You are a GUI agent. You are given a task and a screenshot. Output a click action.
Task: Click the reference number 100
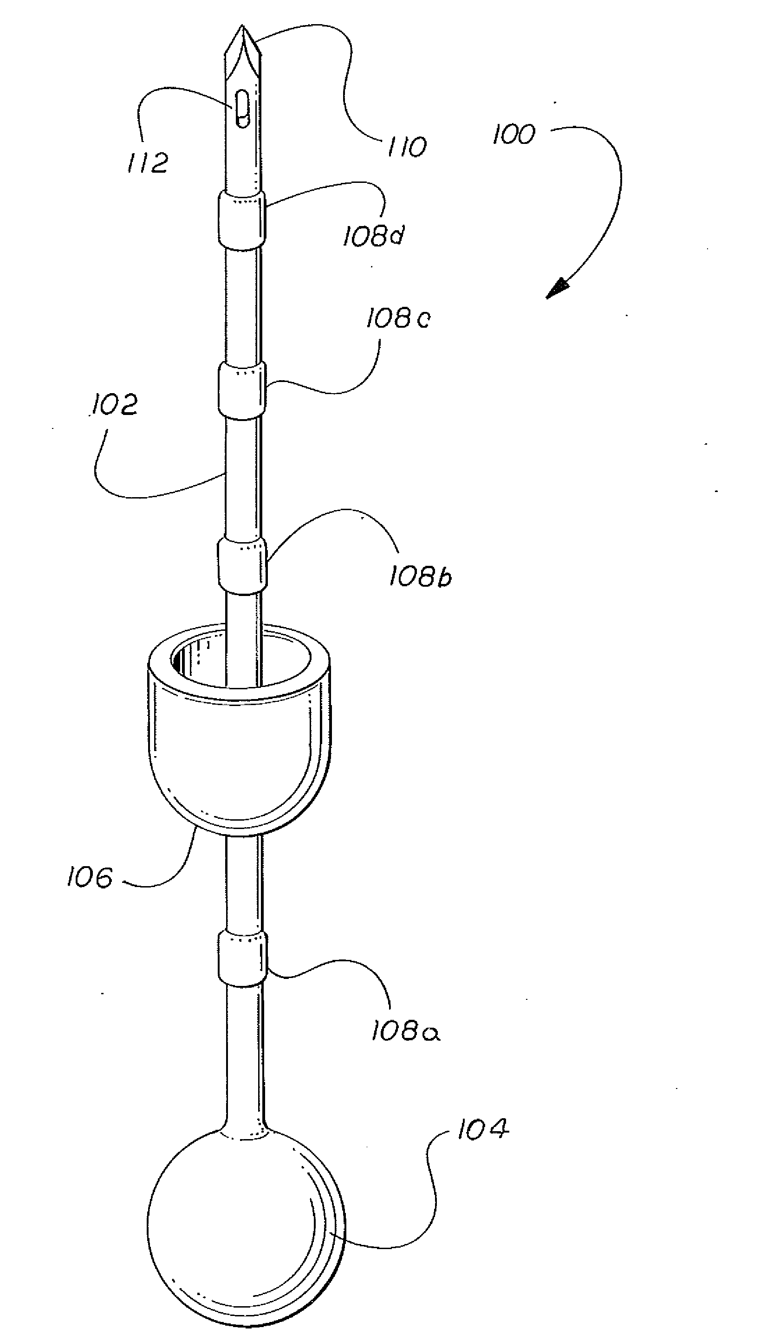coord(514,135)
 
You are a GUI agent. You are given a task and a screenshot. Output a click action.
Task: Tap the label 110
coord(407,147)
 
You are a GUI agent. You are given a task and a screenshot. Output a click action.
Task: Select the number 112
coord(148,163)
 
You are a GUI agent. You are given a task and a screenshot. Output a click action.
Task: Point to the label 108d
coord(374,236)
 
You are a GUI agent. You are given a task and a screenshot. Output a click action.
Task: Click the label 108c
coord(398,318)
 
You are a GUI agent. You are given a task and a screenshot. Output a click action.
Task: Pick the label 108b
coord(420,577)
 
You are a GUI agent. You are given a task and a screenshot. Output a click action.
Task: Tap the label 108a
coord(406,1031)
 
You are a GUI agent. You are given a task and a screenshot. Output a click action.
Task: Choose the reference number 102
coord(114,405)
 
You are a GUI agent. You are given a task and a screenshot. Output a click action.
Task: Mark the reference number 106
coord(90,877)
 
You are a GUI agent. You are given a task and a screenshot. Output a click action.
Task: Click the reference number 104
coord(483,1128)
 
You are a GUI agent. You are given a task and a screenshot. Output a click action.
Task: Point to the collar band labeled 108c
coord(242,392)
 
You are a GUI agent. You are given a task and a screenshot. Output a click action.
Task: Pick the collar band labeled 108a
coord(243,959)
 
